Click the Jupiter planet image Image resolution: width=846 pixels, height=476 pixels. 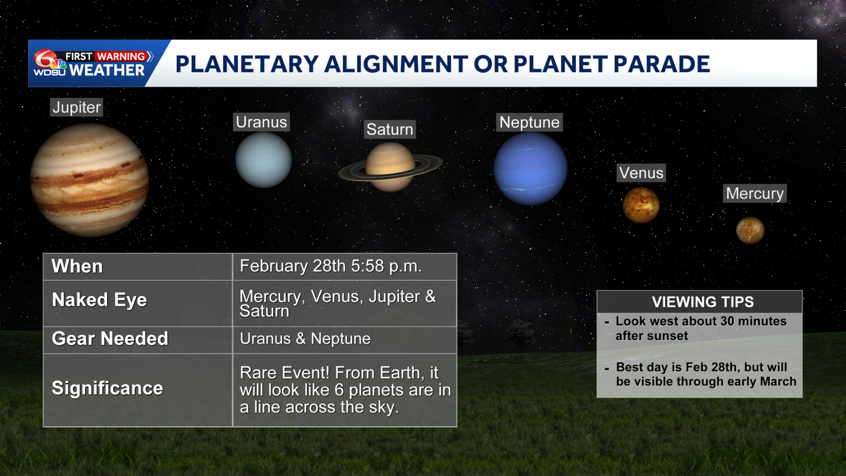coord(89,180)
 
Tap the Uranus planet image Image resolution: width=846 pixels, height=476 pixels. coord(263,160)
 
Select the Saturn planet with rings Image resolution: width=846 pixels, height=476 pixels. coord(390,167)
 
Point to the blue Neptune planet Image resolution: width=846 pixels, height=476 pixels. coord(531,169)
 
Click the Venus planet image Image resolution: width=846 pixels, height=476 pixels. coord(641,205)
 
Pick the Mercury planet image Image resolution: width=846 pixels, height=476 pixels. coord(750,230)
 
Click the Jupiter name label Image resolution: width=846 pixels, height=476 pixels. coord(77,107)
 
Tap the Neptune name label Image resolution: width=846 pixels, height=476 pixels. coord(530,122)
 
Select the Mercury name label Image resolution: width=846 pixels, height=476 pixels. coord(755,193)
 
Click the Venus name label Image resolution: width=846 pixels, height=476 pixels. coord(641,173)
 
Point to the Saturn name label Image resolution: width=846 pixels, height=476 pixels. coord(390,129)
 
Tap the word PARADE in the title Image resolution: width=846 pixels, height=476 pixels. coord(661,64)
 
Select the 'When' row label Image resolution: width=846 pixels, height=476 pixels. coord(77,266)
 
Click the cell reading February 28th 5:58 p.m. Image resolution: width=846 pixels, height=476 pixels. coord(331,266)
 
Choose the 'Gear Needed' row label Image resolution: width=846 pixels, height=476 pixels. coord(110,338)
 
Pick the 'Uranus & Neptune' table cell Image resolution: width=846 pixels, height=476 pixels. coord(305,338)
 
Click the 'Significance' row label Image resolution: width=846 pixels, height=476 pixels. coord(108,388)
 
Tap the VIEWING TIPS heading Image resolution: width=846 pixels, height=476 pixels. coord(703,302)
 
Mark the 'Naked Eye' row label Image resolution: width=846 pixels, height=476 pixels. coord(100,300)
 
